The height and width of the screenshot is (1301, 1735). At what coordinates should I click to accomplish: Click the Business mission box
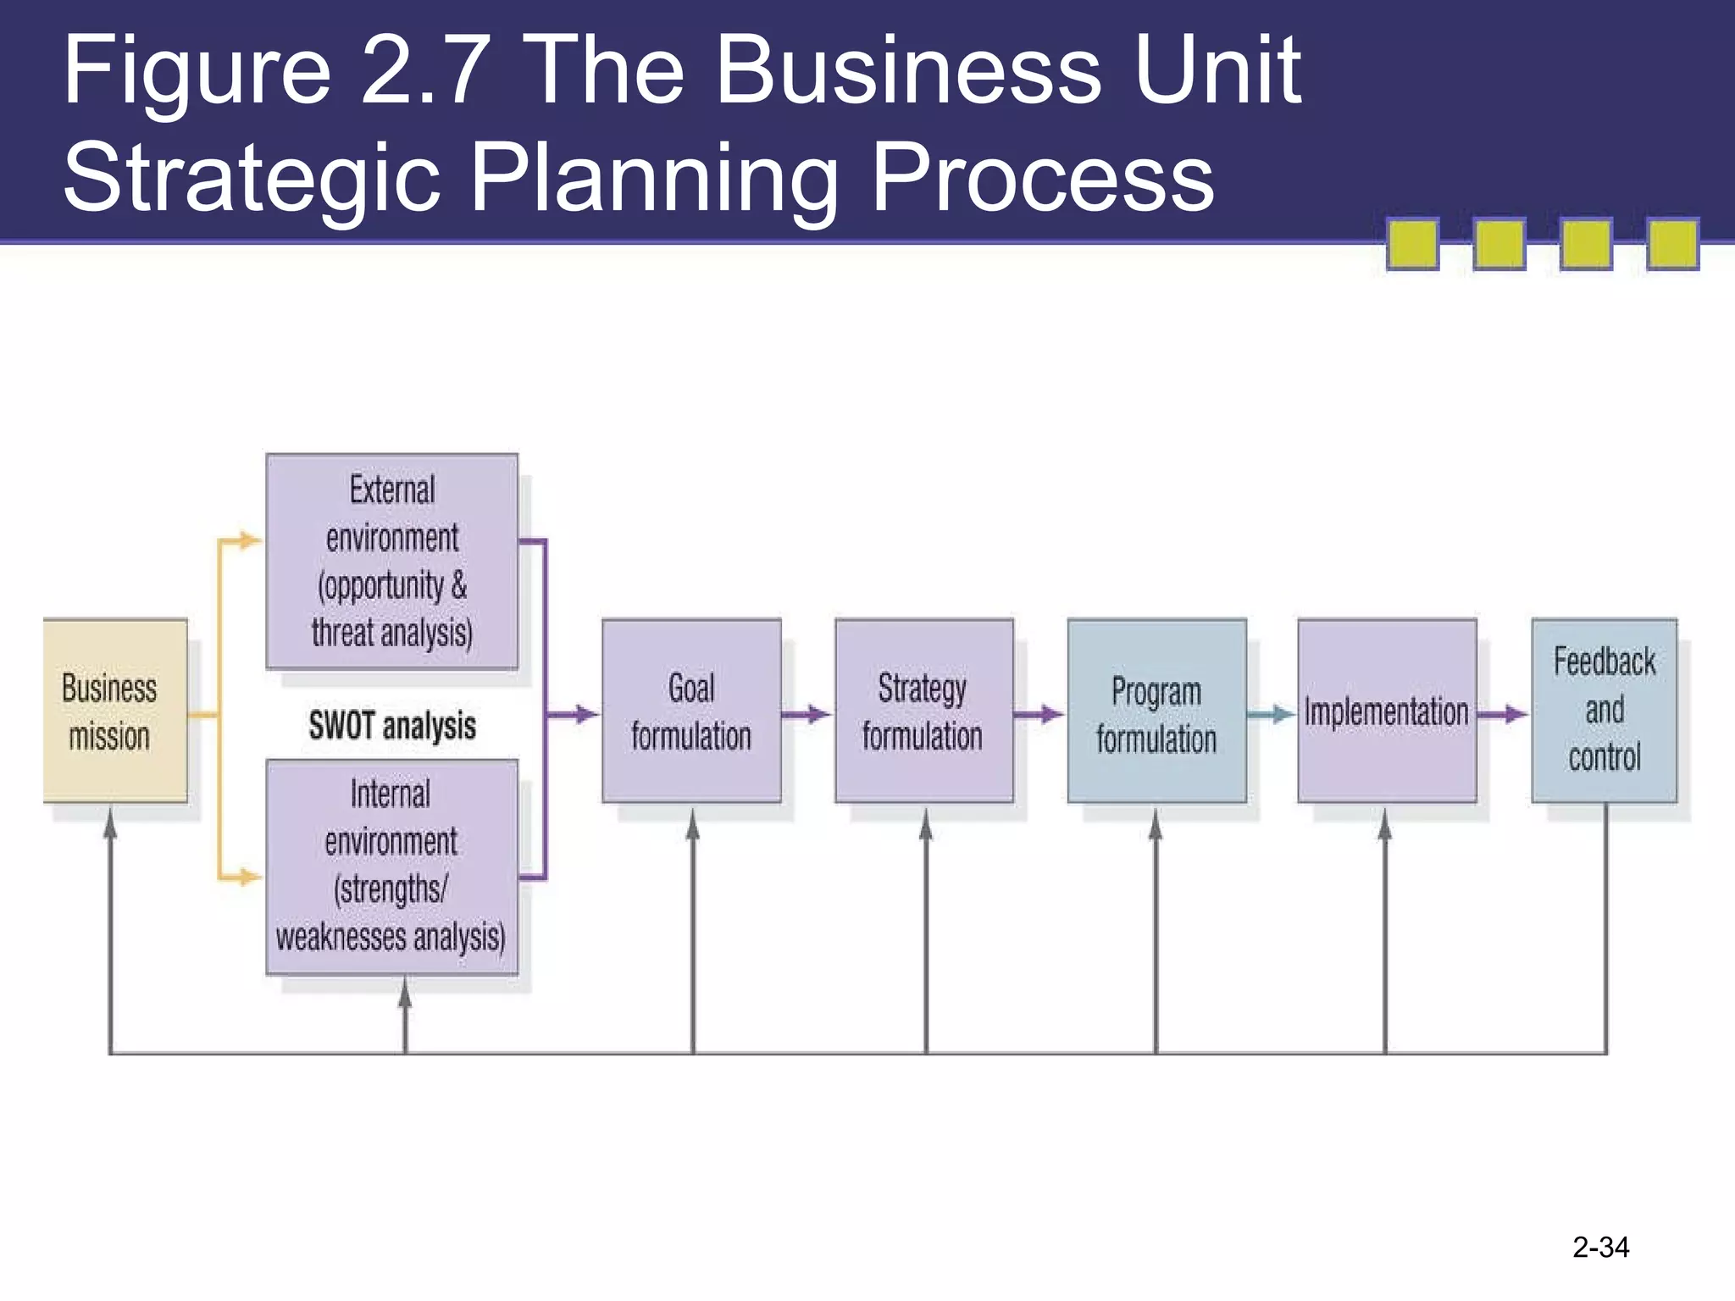(x=115, y=711)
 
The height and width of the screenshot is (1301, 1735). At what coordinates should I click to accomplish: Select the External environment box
(x=391, y=562)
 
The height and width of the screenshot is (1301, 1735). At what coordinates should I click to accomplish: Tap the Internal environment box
(x=391, y=866)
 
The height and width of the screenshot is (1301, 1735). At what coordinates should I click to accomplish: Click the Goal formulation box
(x=691, y=711)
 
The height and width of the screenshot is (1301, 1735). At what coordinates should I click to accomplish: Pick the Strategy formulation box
(x=923, y=711)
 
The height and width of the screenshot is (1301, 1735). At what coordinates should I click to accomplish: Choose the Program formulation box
(x=1156, y=711)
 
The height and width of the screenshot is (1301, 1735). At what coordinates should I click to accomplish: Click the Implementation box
(x=1387, y=711)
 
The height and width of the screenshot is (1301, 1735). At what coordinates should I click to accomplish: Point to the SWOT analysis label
(x=392, y=726)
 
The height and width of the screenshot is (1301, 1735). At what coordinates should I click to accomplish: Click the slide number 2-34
(x=1600, y=1247)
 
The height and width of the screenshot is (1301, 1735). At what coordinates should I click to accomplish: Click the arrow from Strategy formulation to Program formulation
(x=1039, y=715)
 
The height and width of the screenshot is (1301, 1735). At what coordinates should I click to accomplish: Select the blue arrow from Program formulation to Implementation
(x=1271, y=715)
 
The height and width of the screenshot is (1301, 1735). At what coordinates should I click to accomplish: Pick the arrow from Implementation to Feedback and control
(x=1503, y=715)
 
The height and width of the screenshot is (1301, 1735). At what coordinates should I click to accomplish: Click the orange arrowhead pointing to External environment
(x=249, y=540)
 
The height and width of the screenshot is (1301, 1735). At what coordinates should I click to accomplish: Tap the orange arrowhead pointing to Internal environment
(x=249, y=877)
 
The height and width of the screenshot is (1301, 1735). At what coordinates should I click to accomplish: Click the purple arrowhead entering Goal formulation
(x=586, y=715)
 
